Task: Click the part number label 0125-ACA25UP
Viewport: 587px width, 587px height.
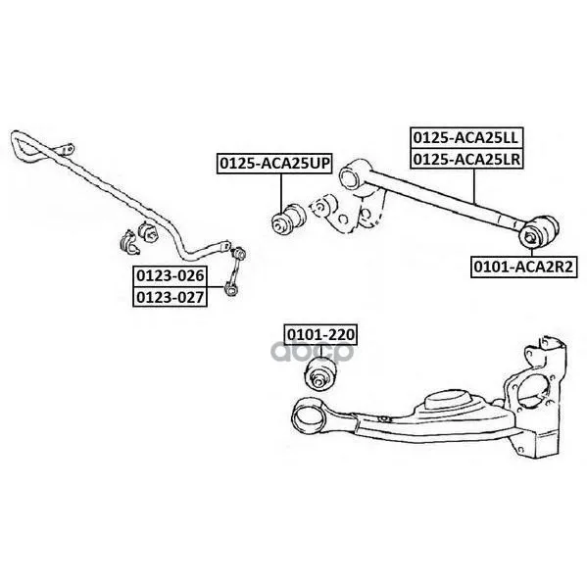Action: [x=274, y=164]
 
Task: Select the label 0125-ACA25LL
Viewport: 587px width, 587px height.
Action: [x=466, y=138]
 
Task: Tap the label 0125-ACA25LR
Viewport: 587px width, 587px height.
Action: [x=466, y=159]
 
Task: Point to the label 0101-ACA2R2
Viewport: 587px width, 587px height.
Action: [x=523, y=267]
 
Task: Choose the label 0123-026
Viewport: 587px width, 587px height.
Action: [x=170, y=276]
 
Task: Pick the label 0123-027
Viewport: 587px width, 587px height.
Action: [x=170, y=297]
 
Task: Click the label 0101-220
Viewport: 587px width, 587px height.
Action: [x=320, y=334]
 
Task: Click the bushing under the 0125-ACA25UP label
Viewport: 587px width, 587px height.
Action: [x=287, y=219]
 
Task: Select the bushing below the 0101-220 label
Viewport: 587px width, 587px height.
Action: [x=320, y=373]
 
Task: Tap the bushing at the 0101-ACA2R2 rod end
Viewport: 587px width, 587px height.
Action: [x=538, y=231]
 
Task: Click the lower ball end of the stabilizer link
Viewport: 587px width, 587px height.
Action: [x=230, y=288]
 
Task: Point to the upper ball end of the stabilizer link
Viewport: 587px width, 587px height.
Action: [x=239, y=254]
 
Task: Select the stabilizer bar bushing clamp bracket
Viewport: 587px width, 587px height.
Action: [x=128, y=242]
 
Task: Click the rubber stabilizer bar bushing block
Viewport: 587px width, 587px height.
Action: [x=148, y=232]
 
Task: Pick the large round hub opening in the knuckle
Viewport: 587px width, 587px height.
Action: [x=533, y=389]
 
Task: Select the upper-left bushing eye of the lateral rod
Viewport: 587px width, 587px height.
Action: [x=353, y=175]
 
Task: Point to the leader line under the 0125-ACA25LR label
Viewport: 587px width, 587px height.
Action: [x=474, y=186]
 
